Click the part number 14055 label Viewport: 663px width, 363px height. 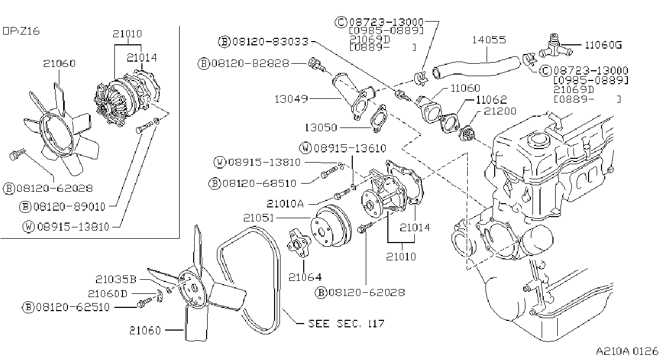(x=489, y=40)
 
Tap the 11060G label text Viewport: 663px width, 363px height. (x=603, y=45)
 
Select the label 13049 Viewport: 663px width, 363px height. (x=291, y=99)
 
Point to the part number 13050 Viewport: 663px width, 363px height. (x=321, y=127)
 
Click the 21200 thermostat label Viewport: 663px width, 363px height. (x=500, y=111)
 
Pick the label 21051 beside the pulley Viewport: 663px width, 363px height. (x=259, y=218)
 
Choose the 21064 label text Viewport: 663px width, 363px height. (x=305, y=277)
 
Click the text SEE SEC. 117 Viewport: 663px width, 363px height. (x=346, y=323)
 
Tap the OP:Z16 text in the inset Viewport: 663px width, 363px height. (x=21, y=31)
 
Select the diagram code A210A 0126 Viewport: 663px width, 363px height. (x=627, y=351)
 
